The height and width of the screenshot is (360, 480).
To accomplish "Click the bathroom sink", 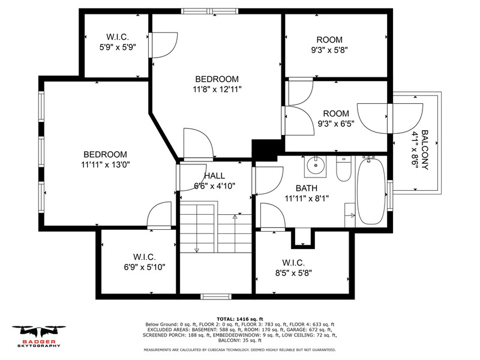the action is tap(315, 166).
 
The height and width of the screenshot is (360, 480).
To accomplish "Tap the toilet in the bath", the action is tap(344, 169).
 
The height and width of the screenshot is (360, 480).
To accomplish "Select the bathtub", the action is tap(371, 191).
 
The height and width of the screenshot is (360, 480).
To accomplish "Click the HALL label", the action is tap(215, 176).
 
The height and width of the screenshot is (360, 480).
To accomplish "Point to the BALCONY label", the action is tap(425, 150).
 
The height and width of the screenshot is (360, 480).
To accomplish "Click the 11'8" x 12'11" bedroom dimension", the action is tap(217, 89).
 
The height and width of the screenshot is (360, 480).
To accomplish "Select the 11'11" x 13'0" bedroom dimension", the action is tap(106, 164).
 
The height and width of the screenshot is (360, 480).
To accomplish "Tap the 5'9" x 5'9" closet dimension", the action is tap(118, 47).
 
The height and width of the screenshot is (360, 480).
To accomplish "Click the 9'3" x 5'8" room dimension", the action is tap(329, 50).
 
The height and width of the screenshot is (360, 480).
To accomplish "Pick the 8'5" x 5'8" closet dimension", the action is tap(293, 273).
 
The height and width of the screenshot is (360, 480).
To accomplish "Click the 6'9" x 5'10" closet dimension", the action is tap(145, 267).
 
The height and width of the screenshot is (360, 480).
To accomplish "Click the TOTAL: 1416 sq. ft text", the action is tap(240, 319).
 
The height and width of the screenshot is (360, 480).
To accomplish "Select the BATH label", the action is tap(307, 188).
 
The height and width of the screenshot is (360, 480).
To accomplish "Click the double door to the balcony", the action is tap(390, 118).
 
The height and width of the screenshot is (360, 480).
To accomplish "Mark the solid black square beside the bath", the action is tap(264, 151).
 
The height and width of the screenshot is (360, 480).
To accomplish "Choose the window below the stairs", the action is tap(216, 296).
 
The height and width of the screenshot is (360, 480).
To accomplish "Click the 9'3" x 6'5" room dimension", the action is tap(336, 124).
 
